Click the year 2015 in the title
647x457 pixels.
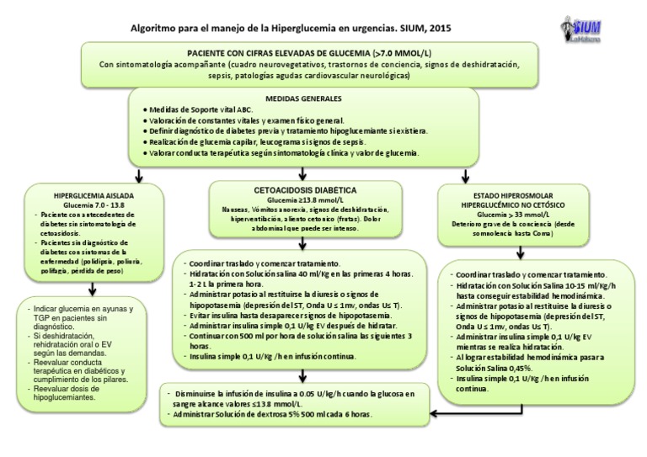[439, 27]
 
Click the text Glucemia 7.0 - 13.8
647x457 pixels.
[82, 204]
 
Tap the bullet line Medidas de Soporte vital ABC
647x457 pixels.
[201, 110]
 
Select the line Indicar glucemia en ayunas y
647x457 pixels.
[84, 310]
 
